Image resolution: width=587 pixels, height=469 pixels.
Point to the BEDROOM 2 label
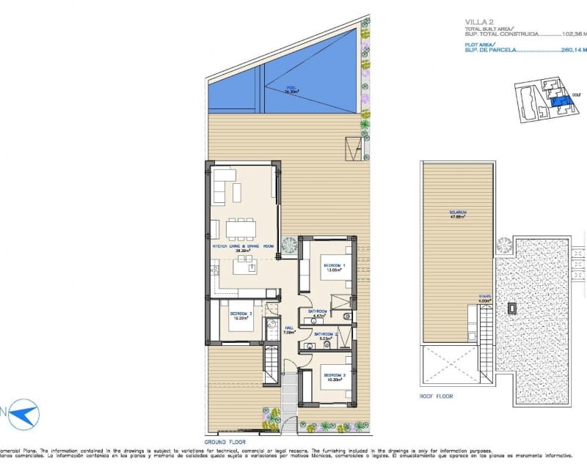[333, 376]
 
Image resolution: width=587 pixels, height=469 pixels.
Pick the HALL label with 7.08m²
[288, 329]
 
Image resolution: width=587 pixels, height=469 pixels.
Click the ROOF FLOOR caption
[437, 396]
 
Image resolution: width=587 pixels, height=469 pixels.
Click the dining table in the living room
[241, 230]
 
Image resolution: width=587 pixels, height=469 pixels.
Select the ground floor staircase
[271, 364]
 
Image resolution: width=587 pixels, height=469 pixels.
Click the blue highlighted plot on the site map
[560, 105]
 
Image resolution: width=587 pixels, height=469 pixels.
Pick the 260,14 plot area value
[572, 51]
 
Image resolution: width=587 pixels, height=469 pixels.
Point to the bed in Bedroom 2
[329, 386]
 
